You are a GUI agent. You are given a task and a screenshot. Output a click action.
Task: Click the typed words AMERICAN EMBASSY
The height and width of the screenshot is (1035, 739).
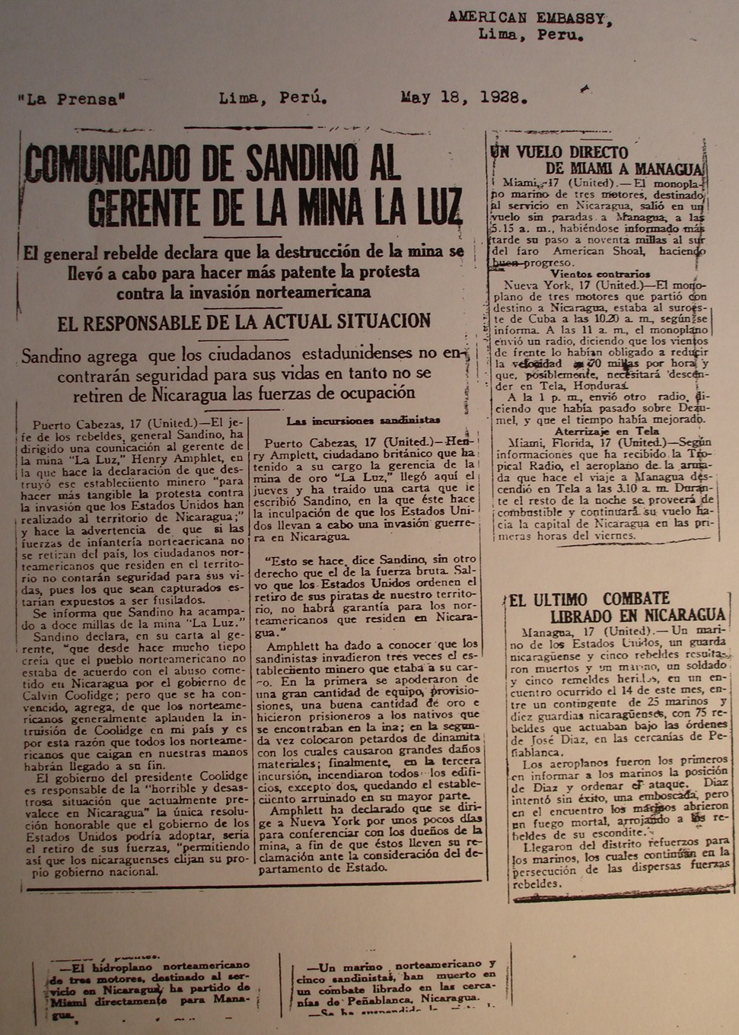click(530, 18)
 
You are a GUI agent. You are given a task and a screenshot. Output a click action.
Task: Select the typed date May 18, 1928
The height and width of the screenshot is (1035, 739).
click(463, 97)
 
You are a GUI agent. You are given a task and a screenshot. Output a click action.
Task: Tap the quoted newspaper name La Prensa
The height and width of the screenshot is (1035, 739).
click(71, 99)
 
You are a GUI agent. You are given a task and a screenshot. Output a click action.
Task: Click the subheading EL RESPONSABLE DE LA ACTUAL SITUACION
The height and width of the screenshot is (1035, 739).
click(244, 322)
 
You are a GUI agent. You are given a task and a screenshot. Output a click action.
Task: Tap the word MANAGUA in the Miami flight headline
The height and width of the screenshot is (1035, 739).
click(670, 169)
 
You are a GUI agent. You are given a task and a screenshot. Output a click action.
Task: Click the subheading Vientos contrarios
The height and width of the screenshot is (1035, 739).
click(600, 274)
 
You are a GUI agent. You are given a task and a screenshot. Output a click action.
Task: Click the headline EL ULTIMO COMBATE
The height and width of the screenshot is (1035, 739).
click(590, 600)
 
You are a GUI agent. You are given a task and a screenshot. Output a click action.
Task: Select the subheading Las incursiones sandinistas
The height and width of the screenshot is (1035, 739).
click(363, 420)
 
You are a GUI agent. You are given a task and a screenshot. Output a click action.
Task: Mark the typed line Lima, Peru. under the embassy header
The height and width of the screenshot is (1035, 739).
click(530, 35)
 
